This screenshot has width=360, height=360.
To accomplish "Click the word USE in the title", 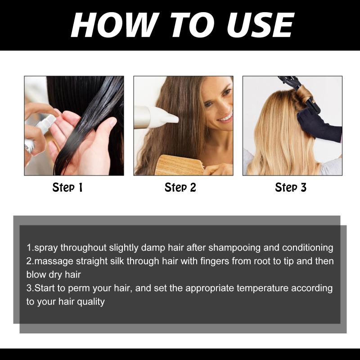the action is coord(260,25).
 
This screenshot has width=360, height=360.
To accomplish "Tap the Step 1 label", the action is coord(67,188).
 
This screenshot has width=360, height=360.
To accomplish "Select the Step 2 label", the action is coord(180,188).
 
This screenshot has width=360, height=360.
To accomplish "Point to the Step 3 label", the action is coord(291,188).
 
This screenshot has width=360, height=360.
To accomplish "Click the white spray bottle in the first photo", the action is coord(39,133).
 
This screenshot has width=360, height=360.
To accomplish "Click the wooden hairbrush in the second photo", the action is coord(179,165).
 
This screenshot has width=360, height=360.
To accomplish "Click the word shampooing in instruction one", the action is coord(234,248).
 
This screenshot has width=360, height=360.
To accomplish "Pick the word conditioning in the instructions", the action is coord(308,248).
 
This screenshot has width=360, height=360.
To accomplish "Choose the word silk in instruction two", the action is coord(117,261).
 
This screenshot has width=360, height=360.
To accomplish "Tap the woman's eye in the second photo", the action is coord(208,105).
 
